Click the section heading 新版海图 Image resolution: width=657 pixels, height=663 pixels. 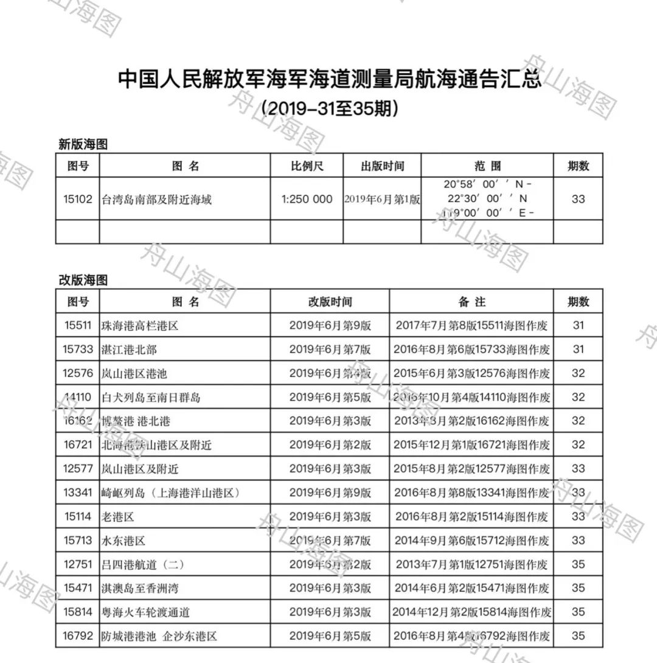tap(83, 144)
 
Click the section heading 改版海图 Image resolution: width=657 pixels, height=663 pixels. tap(83, 280)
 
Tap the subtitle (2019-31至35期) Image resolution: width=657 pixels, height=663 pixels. tap(329, 108)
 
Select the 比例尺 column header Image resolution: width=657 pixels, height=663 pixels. tap(307, 166)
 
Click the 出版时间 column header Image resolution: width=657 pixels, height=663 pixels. tap(382, 166)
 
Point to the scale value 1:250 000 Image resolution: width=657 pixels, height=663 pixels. tap(307, 199)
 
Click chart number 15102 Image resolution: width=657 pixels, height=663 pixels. tap(78, 199)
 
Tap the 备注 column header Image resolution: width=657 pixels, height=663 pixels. tap(471, 301)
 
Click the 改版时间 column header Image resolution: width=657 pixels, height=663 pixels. tap(330, 301)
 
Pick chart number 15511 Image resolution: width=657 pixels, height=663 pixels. tap(78, 326)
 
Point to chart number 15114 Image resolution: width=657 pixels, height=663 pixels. tap(78, 517)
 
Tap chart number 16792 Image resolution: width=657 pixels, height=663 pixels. tap(78, 636)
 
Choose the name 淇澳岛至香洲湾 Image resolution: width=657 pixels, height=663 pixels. tap(141, 589)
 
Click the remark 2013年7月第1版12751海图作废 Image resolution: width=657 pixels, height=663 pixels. tap(471, 565)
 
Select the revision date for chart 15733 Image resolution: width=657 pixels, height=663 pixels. tap(330, 349)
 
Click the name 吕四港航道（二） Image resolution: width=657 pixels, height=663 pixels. tap(143, 565)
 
